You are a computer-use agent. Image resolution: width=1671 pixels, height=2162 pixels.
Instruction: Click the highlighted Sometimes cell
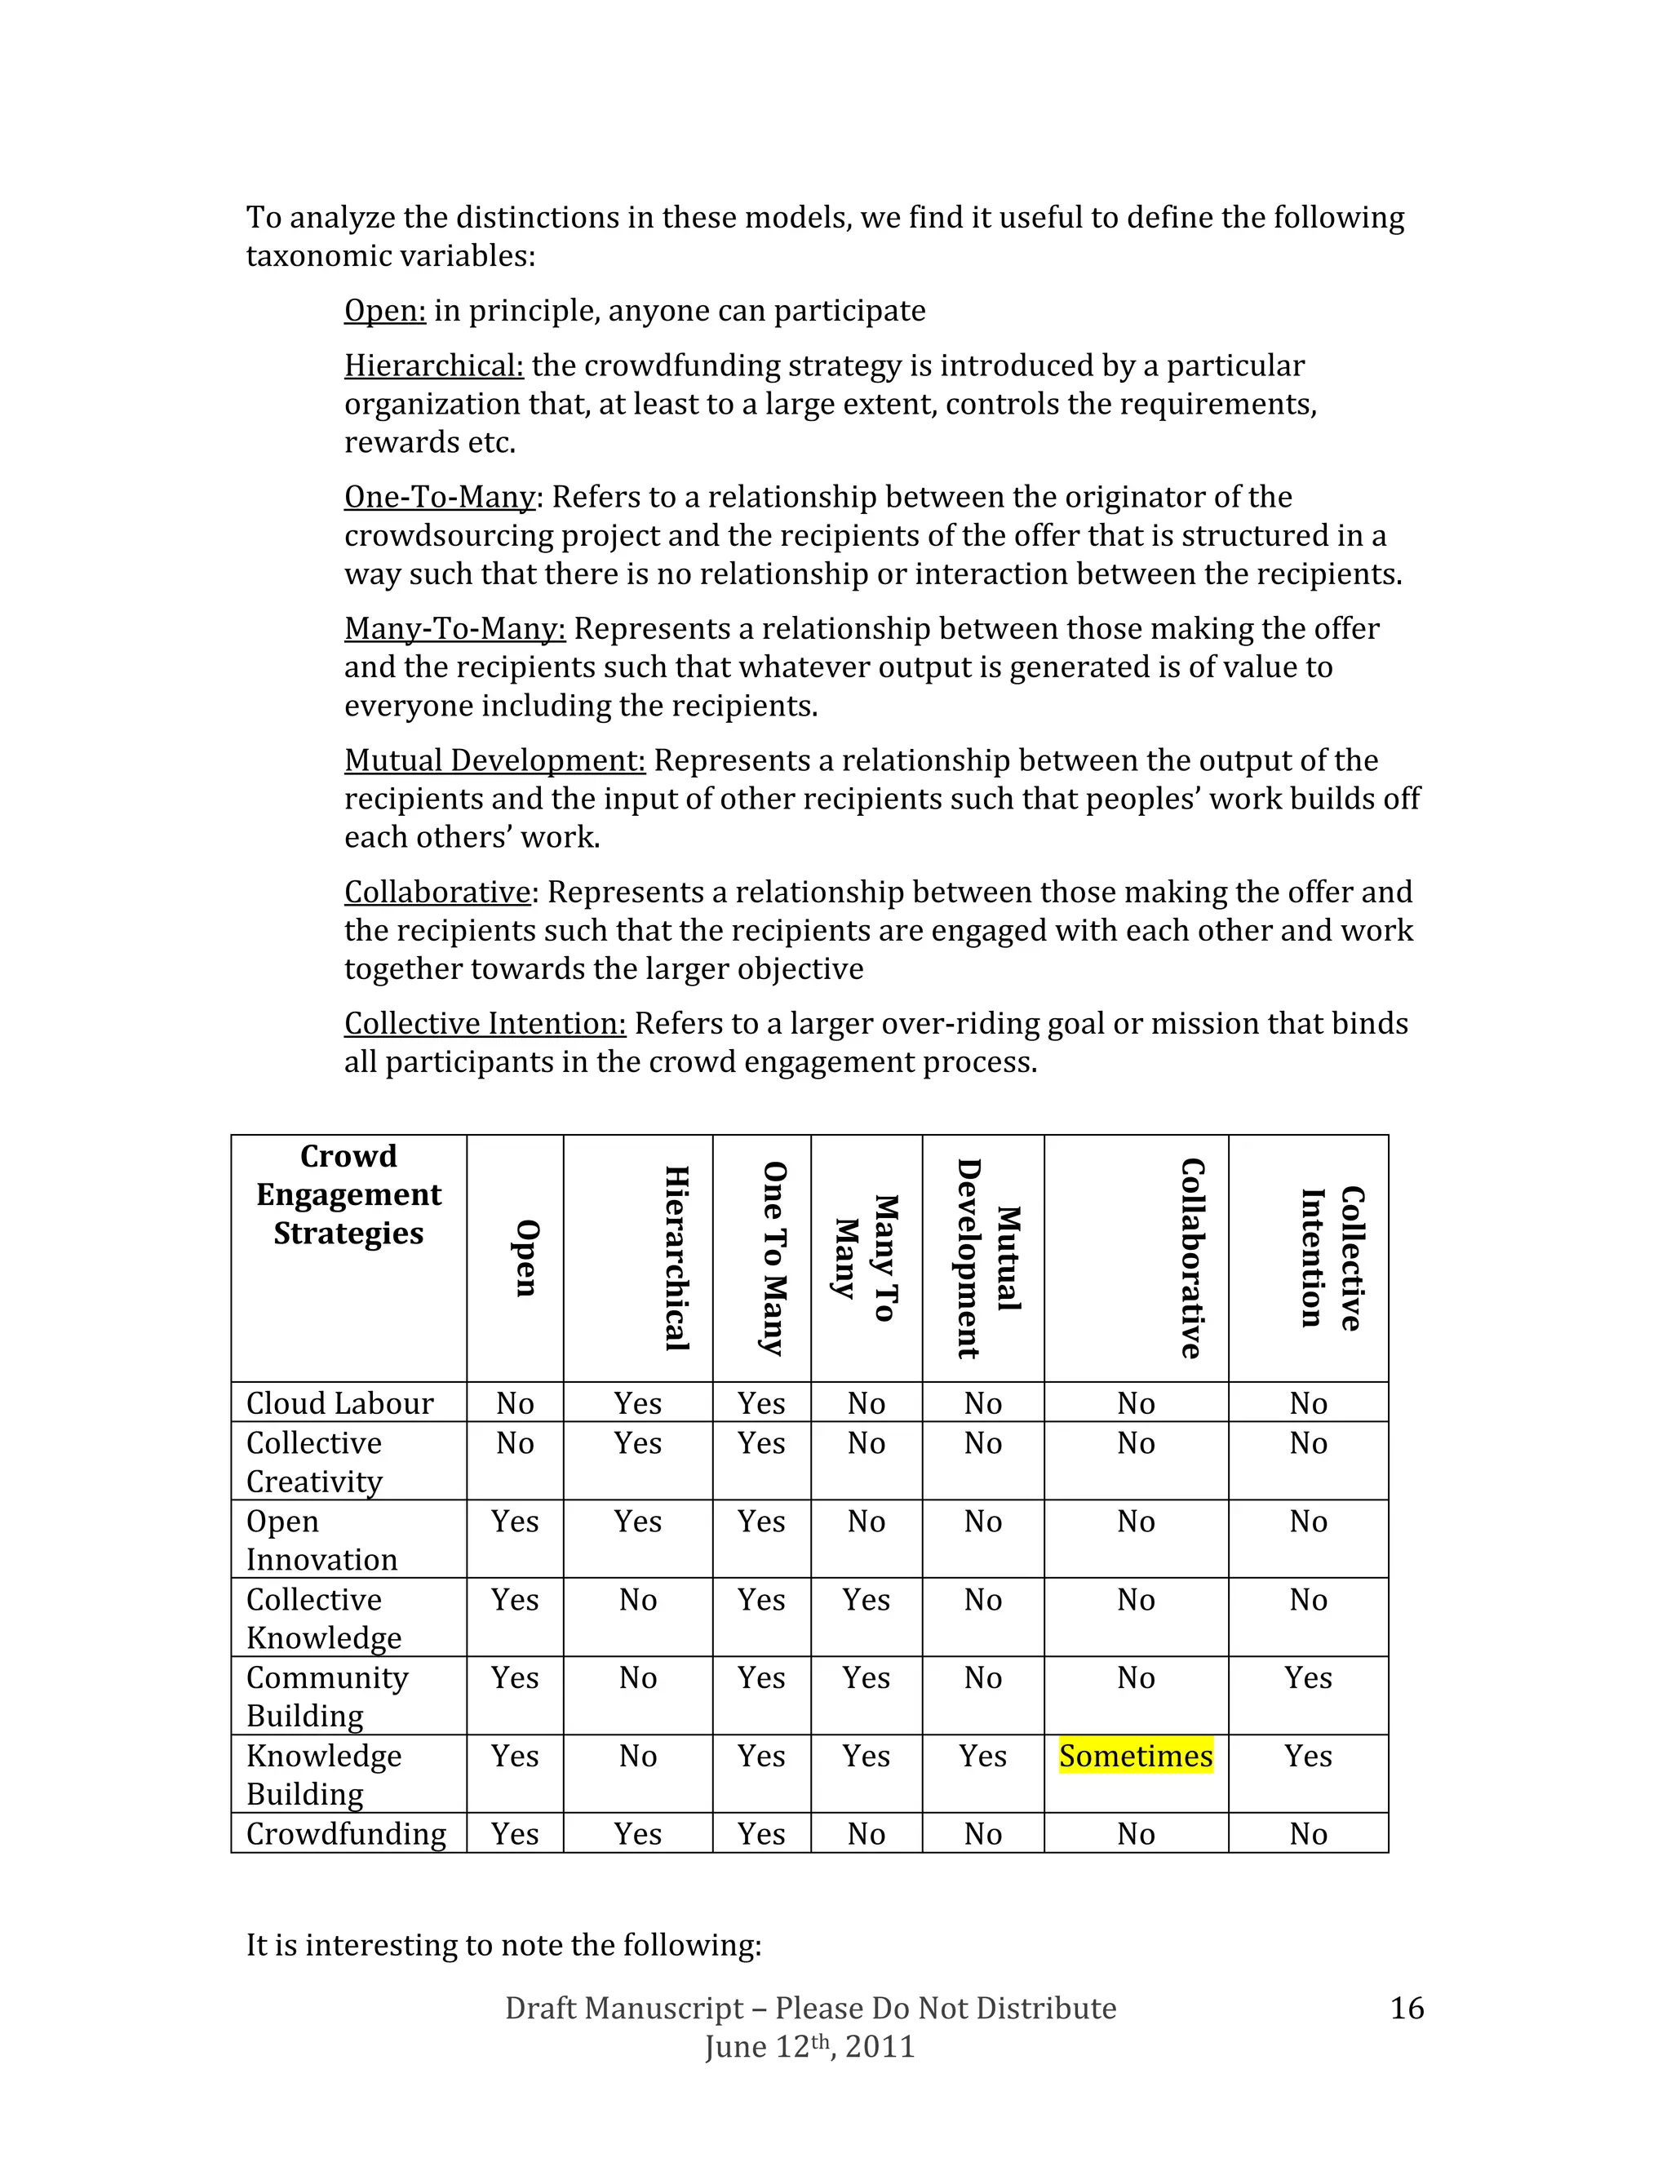1136,1757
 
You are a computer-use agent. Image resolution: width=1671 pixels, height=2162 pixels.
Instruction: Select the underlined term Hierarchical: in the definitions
433,366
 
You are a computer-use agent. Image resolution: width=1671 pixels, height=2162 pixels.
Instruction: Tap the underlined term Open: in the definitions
384,311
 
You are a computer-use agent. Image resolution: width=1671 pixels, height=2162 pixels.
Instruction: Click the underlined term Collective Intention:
485,1024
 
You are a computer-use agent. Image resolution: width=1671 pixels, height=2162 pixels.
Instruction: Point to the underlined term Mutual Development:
494,760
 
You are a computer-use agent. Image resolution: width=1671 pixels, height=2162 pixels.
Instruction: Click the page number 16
1407,2009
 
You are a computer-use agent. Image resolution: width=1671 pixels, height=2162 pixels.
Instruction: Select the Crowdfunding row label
345,1834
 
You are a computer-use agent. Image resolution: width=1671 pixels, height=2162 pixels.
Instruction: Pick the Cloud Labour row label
339,1404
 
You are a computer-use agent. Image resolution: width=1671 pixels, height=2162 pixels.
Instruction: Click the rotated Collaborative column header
1192,1258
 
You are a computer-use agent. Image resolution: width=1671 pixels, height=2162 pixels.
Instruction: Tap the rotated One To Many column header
774,1258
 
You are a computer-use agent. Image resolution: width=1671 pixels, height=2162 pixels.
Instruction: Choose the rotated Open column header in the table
526,1258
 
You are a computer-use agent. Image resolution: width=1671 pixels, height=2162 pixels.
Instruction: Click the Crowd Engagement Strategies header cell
348,1195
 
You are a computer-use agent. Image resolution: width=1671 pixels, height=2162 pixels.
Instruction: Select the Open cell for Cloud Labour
515,1404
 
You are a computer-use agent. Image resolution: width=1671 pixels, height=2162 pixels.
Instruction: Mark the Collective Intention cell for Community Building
1308,1678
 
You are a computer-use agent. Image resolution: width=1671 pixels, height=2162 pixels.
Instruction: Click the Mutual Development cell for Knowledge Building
982,1757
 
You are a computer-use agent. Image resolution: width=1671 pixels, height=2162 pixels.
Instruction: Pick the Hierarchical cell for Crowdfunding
637,1834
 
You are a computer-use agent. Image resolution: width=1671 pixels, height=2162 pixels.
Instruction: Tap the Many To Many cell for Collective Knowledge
867,1600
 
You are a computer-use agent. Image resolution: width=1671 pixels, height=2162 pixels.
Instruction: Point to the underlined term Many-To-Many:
454,628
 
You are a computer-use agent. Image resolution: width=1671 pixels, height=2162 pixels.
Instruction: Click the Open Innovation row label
321,1540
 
